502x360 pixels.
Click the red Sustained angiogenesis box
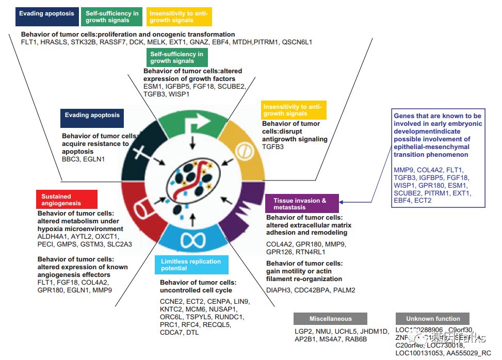tap(67, 200)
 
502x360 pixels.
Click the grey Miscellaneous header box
tap(330, 319)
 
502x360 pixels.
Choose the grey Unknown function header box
tap(432, 319)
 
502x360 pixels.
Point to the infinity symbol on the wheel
tap(191, 240)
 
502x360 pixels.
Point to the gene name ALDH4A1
tap(53, 236)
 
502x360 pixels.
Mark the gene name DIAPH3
tap(278, 290)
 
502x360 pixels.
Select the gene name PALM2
tap(344, 290)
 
